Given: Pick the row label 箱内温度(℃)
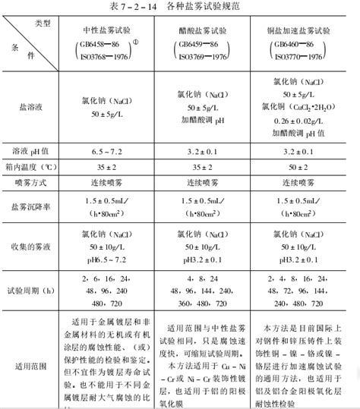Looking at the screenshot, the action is [x=32, y=166].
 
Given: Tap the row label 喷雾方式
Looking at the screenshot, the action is [x=32, y=182].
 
